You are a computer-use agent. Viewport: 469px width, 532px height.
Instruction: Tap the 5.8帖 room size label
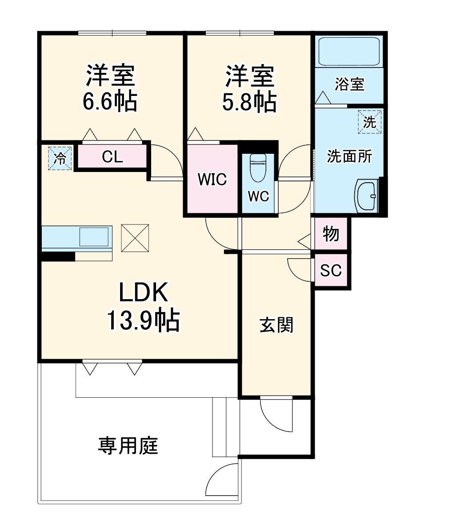[249, 103]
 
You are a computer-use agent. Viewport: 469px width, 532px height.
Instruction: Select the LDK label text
[143, 294]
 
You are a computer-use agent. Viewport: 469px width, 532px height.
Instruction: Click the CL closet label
[112, 156]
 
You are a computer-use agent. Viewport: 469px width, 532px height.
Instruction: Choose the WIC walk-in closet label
[212, 180]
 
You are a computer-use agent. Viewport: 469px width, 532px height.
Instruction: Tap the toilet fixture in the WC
[257, 168]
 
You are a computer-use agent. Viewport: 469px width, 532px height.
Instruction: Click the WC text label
[258, 196]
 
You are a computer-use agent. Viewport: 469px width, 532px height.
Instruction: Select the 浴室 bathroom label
[349, 84]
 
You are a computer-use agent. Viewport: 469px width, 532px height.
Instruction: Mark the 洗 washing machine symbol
[369, 121]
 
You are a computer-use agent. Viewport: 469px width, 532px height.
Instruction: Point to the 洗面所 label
[349, 156]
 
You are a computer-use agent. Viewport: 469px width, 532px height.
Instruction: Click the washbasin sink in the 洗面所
[367, 196]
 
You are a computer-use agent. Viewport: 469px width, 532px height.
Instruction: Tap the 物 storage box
[331, 233]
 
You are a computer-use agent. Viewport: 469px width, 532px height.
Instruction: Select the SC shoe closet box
[331, 270]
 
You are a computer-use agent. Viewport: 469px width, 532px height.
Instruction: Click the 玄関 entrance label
[276, 325]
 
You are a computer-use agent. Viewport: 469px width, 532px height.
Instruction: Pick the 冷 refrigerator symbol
[60, 158]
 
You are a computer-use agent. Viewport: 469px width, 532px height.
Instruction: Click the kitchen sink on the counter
[94, 236]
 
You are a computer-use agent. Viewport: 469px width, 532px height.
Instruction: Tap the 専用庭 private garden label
[128, 446]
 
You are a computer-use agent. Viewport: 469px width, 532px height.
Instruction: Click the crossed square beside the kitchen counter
[135, 237]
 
